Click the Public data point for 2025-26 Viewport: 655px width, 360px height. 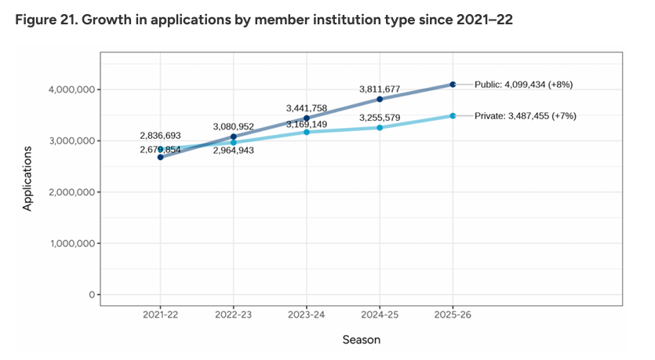point(453,84)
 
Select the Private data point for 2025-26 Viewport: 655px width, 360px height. point(453,115)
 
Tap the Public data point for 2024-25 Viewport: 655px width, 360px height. point(380,99)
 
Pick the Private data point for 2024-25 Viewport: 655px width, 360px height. point(380,127)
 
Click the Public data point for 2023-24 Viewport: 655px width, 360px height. point(307,118)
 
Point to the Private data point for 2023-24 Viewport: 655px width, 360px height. point(307,132)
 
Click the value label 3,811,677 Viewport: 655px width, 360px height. point(380,89)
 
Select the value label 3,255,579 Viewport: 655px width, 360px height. point(380,118)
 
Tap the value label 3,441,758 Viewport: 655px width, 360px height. point(306,107)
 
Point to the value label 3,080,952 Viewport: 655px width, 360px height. point(233,126)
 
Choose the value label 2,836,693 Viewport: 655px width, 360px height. point(160,136)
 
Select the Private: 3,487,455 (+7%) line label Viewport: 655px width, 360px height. point(526,115)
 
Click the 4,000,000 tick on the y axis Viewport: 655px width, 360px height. point(71,89)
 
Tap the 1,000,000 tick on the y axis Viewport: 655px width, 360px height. point(71,243)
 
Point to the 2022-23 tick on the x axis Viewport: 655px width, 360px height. point(233,313)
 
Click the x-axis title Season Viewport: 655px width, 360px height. point(361,340)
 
